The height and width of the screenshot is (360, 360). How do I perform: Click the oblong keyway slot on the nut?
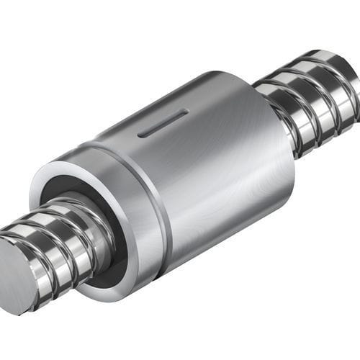tap(163, 122)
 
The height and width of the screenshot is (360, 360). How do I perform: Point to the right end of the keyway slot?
tap(186, 113)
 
